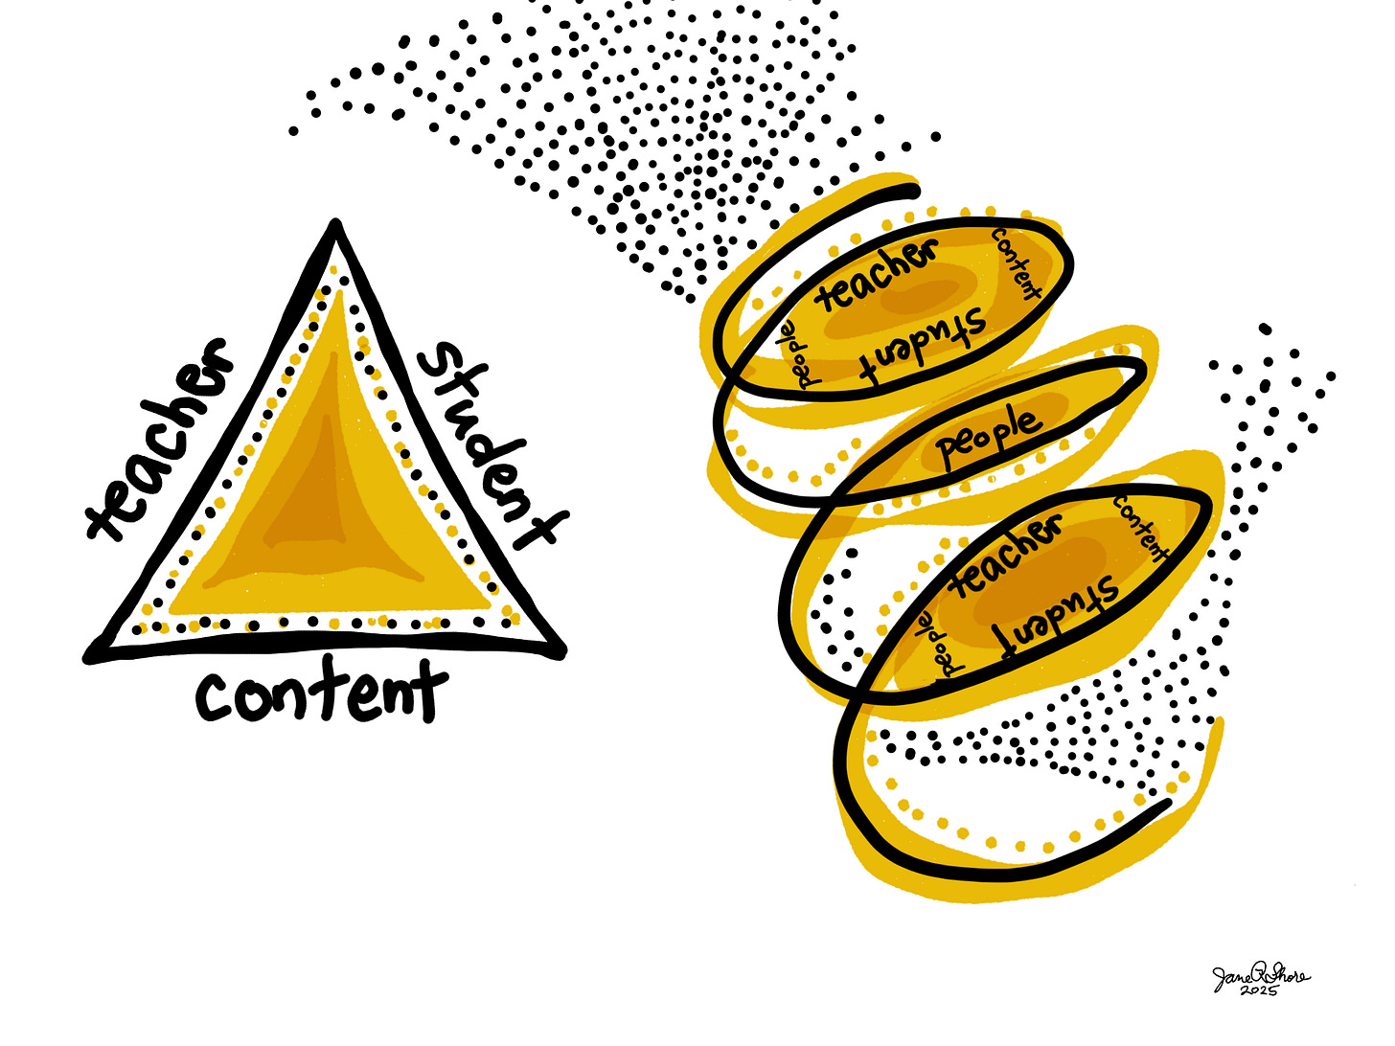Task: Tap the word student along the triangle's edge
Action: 489,444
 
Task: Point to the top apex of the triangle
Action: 334,227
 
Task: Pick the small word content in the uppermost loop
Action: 1017,262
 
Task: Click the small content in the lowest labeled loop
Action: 1140,528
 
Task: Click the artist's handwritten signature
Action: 1259,976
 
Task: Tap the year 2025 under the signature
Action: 1258,991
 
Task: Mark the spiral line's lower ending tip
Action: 1166,803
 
